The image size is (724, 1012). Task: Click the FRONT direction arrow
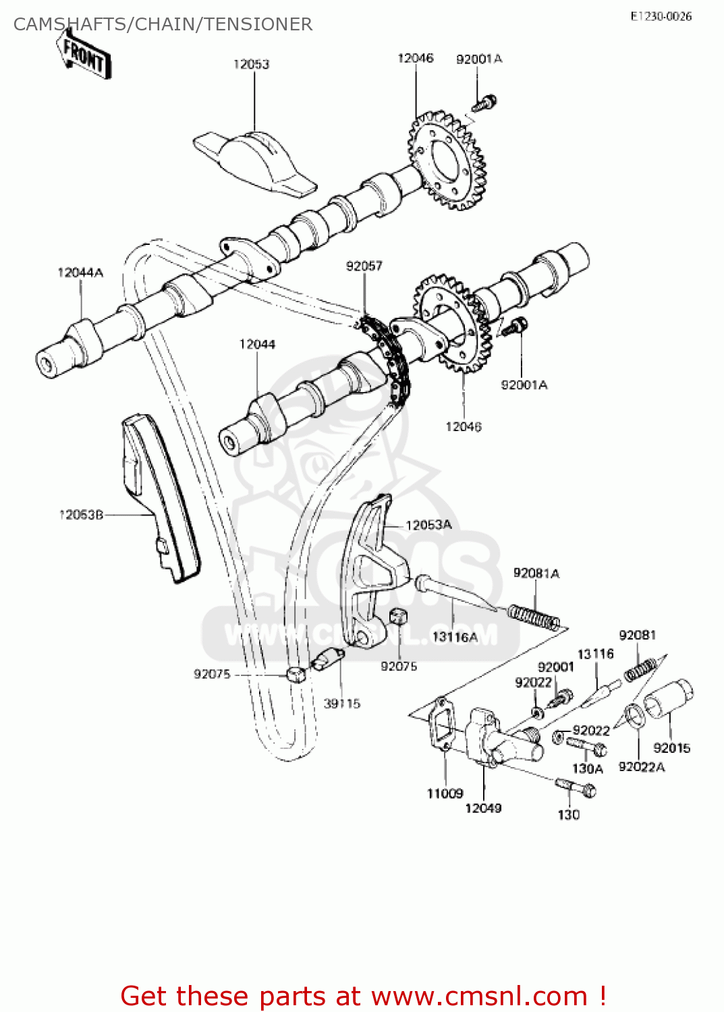tap(84, 57)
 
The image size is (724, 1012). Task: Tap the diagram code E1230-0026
tap(661, 16)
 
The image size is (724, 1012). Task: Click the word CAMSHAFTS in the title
tap(71, 24)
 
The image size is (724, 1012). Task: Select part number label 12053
tap(251, 64)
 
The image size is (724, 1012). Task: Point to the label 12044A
tap(80, 273)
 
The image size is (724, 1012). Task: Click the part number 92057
tap(364, 266)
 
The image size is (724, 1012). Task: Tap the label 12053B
tap(81, 515)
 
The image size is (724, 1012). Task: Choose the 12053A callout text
tap(428, 525)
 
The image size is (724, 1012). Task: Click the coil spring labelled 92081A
tap(533, 617)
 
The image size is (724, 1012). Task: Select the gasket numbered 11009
tap(442, 725)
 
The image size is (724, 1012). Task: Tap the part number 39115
tap(342, 704)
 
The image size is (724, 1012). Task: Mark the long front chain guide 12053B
tap(160, 499)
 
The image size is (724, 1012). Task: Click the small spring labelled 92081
tap(639, 669)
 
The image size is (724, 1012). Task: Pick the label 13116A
tap(454, 636)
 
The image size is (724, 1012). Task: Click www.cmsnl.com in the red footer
tap(479, 996)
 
